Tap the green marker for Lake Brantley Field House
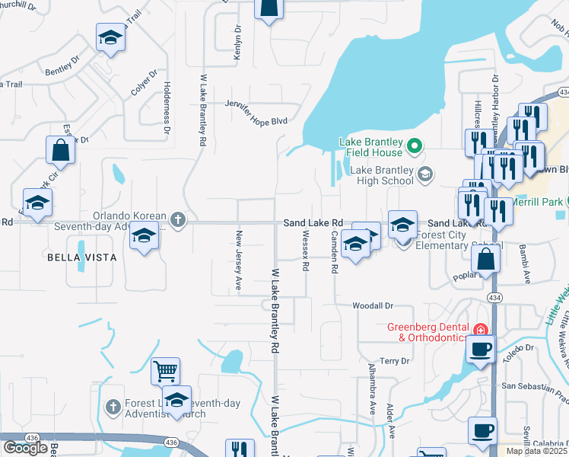(x=415, y=145)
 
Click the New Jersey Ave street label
(x=238, y=260)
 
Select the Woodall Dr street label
(x=372, y=305)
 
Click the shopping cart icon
(x=165, y=371)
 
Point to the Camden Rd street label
(x=333, y=254)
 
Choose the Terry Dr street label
(x=395, y=360)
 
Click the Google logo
(x=25, y=448)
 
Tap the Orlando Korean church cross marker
(x=177, y=220)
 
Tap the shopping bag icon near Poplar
(x=486, y=260)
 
